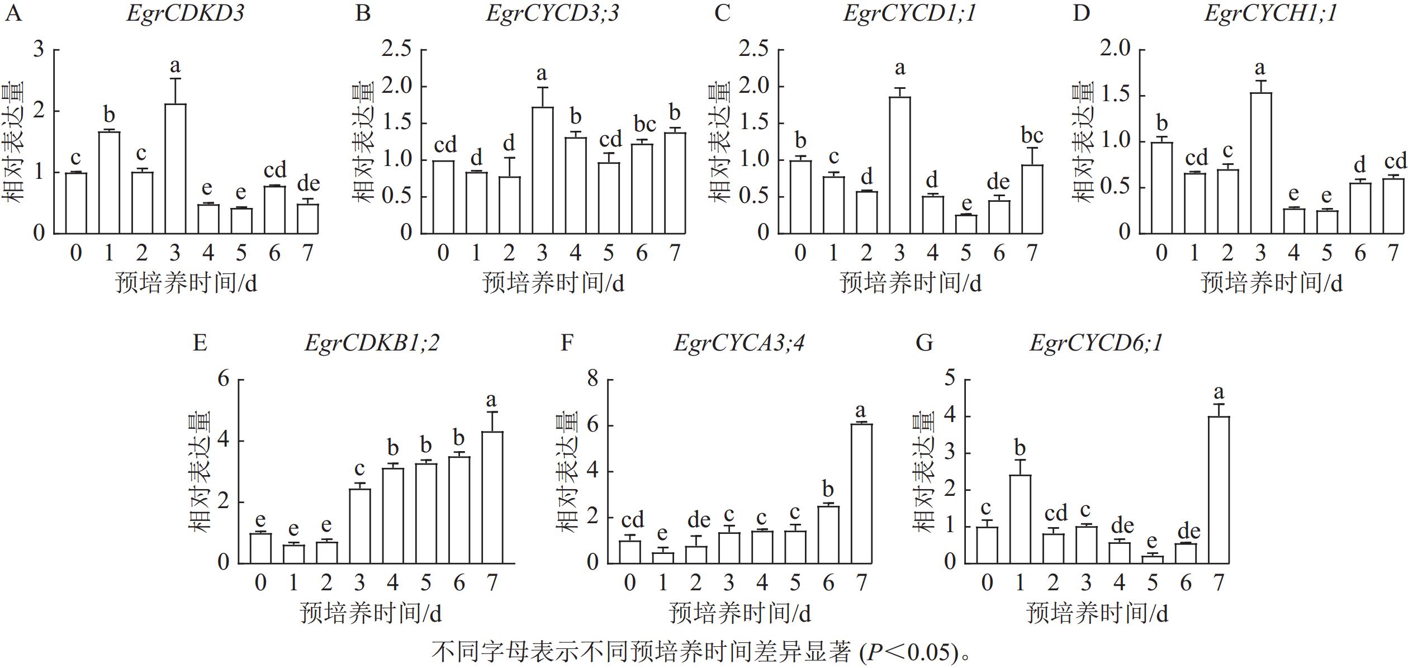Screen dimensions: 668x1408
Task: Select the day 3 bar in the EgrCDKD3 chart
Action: click(175, 168)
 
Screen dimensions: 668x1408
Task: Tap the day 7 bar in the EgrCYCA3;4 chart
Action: click(861, 493)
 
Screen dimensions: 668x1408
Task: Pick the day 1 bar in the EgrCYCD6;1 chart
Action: click(1020, 519)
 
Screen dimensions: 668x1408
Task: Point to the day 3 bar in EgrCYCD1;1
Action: click(899, 165)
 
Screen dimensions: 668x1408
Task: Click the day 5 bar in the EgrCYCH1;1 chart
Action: click(1326, 222)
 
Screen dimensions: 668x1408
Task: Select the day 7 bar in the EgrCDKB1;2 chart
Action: click(492, 497)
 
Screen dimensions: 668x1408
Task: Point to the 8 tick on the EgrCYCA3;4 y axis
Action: click(592, 380)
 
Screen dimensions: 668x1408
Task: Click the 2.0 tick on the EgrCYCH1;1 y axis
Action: click(1115, 49)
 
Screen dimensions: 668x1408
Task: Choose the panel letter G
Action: click(924, 342)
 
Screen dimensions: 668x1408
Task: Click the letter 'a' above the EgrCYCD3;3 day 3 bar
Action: click(541, 74)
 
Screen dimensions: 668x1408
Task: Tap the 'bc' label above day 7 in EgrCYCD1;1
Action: click(1032, 135)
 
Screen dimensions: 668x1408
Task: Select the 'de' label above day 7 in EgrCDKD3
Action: click(308, 183)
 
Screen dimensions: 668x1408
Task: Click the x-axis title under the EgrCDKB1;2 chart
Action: click(371, 613)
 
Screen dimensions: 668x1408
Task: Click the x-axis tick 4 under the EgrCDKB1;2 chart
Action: click(392, 583)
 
